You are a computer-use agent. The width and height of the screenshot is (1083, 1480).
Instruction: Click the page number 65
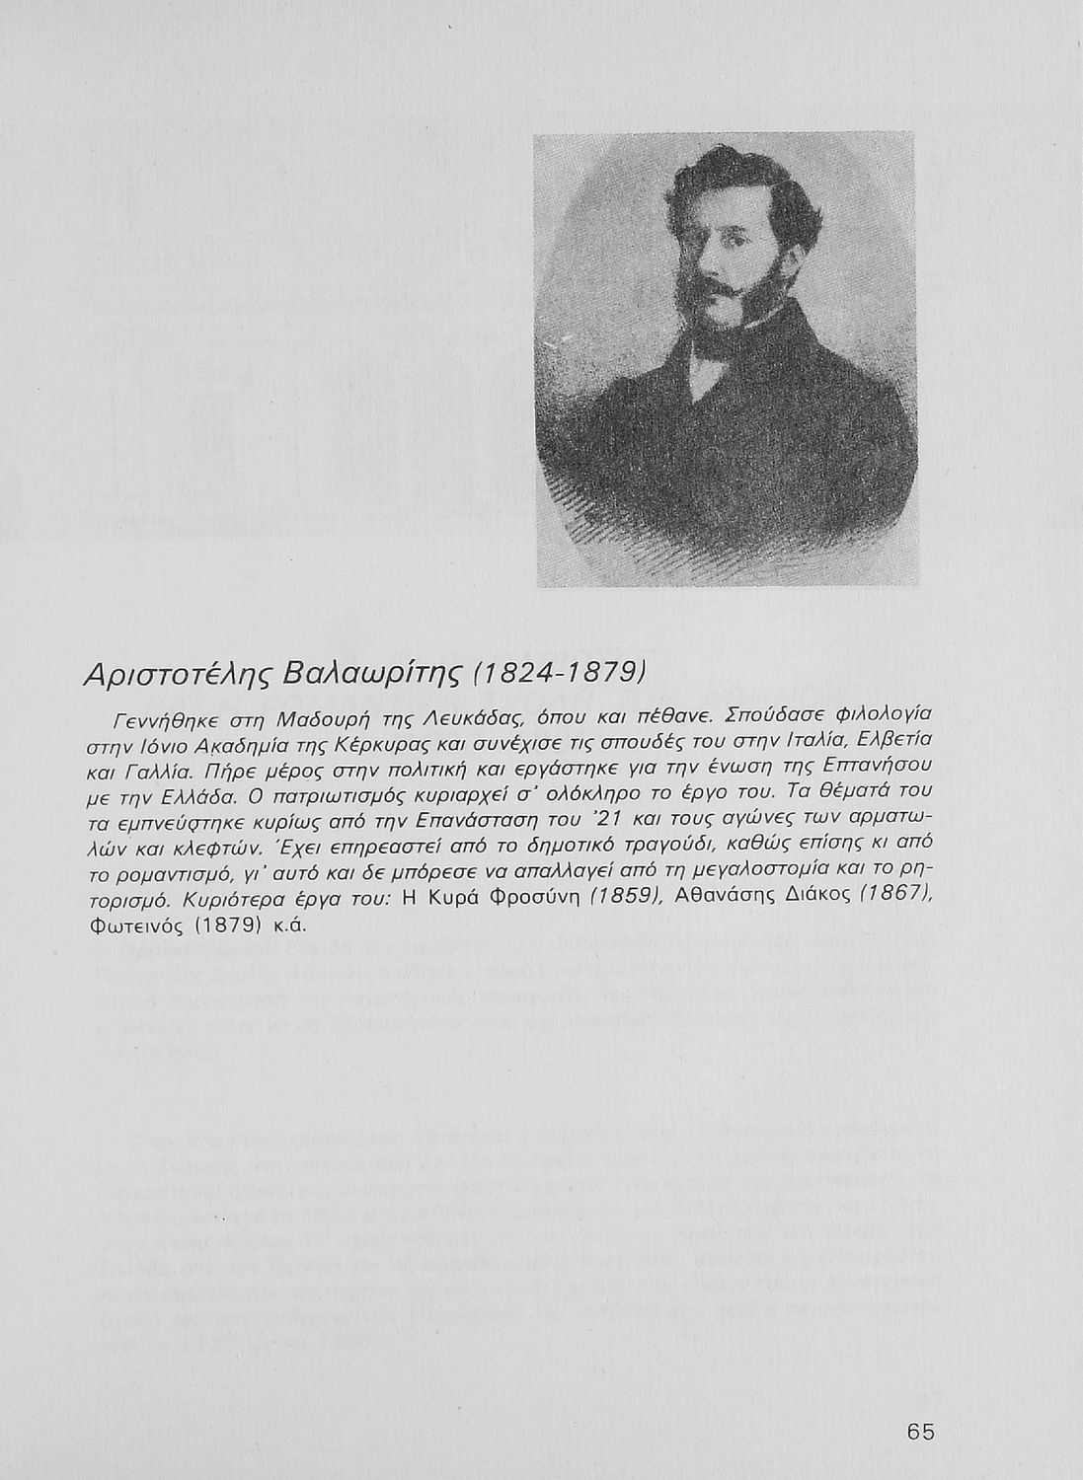pyautogui.click(x=920, y=1432)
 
